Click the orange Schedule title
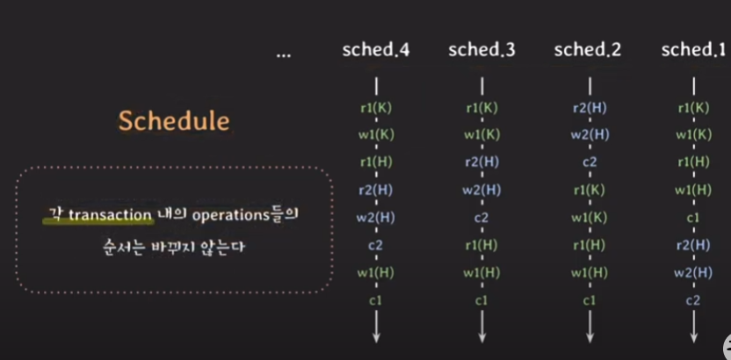[174, 119]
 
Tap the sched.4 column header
[376, 50]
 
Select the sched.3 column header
[481, 50]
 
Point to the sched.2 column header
[588, 50]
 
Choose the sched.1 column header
[694, 50]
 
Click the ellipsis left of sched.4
[284, 53]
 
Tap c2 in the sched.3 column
[481, 217]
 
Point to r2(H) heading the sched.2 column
[589, 108]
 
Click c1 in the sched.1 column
[694, 217]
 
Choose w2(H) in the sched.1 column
[694, 273]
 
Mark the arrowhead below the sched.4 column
[376, 337]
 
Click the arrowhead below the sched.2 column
[589, 337]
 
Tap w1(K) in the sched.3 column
[481, 134]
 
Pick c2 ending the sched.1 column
[694, 300]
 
